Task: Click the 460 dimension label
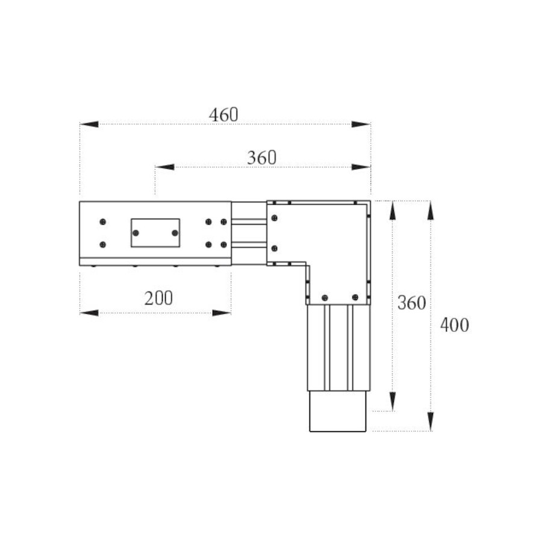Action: tap(223, 115)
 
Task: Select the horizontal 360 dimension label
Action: tap(262, 158)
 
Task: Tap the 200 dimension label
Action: tap(158, 298)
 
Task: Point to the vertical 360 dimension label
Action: tap(411, 303)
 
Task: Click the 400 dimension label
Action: tap(455, 325)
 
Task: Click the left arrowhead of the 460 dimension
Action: tap(89, 124)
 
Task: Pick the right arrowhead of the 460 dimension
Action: tap(361, 124)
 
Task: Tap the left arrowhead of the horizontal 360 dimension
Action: tap(164, 167)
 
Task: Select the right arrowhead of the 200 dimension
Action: tap(222, 313)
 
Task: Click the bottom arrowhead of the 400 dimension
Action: tap(431, 422)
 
